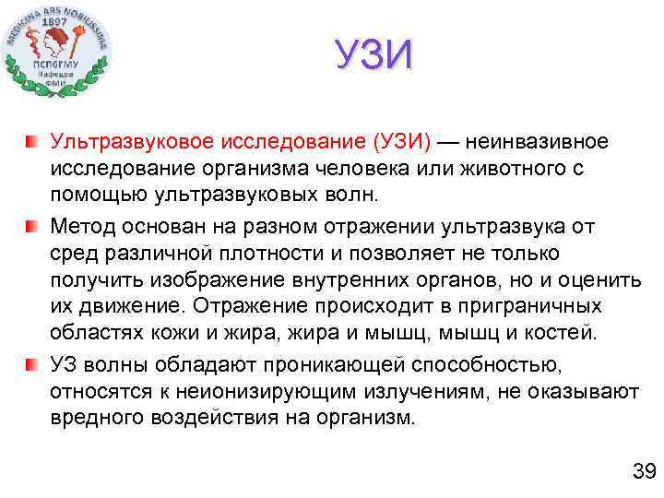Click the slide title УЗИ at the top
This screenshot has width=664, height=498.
coord(373,55)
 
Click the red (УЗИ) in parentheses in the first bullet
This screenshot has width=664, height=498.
coord(400,143)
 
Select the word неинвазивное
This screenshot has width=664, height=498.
coord(538,143)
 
